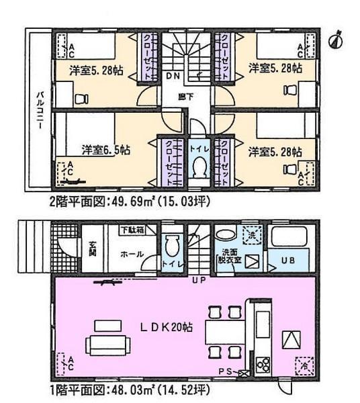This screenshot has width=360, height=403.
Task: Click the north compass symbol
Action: pyautogui.click(x=336, y=40)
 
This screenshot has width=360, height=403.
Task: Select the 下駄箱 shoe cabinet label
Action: pyautogui.click(x=133, y=230)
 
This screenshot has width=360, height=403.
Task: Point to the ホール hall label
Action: pyautogui.click(x=130, y=255)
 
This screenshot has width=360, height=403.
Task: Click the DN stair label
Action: pyautogui.click(x=173, y=76)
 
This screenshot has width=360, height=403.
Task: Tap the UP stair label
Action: pyautogui.click(x=199, y=279)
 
